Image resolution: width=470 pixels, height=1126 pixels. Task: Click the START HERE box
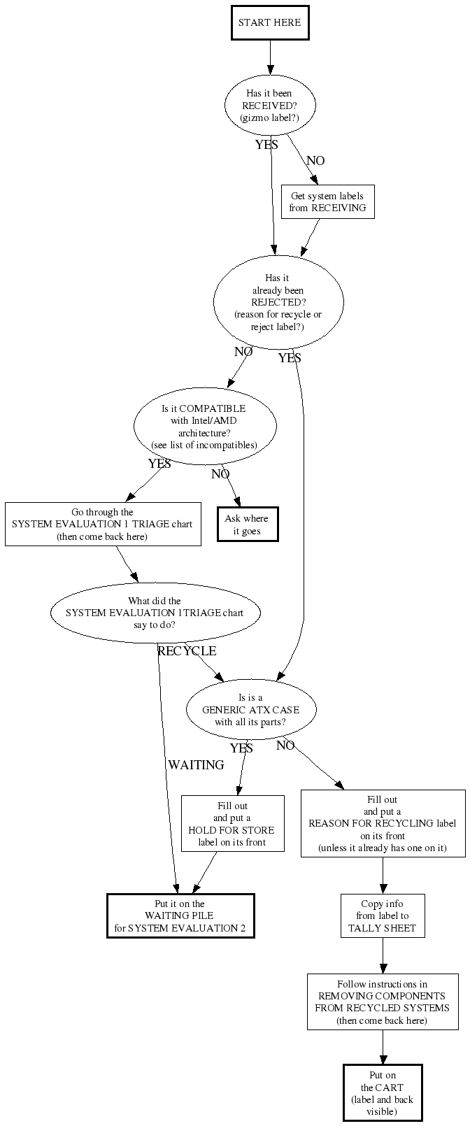(269, 22)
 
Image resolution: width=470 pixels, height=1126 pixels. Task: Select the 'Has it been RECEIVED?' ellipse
(269, 106)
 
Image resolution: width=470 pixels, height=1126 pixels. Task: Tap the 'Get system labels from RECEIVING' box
(327, 202)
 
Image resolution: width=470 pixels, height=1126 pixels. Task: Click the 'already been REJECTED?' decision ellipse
(278, 302)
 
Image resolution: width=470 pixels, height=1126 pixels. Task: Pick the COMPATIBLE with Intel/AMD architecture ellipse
(204, 426)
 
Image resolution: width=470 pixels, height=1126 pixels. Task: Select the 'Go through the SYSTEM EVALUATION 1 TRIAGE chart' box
(103, 525)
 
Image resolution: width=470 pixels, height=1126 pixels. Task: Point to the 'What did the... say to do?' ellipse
(155, 613)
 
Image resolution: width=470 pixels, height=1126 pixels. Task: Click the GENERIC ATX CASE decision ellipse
(251, 709)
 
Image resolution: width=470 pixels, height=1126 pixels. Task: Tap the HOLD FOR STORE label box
(232, 823)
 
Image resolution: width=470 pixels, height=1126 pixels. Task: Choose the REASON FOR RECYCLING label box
(383, 823)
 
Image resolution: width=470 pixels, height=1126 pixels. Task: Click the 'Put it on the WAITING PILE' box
(180, 916)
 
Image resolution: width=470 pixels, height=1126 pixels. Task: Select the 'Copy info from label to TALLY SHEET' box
(383, 916)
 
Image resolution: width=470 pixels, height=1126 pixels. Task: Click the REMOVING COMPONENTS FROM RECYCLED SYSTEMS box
(383, 1002)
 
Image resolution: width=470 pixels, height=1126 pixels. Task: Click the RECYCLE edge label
(187, 651)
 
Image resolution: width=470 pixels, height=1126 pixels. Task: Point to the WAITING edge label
(196, 765)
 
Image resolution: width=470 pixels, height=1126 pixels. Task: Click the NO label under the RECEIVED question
(315, 161)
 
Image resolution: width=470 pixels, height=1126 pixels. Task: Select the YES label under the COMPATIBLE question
(159, 464)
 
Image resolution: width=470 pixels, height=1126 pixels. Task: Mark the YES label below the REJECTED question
(290, 358)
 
